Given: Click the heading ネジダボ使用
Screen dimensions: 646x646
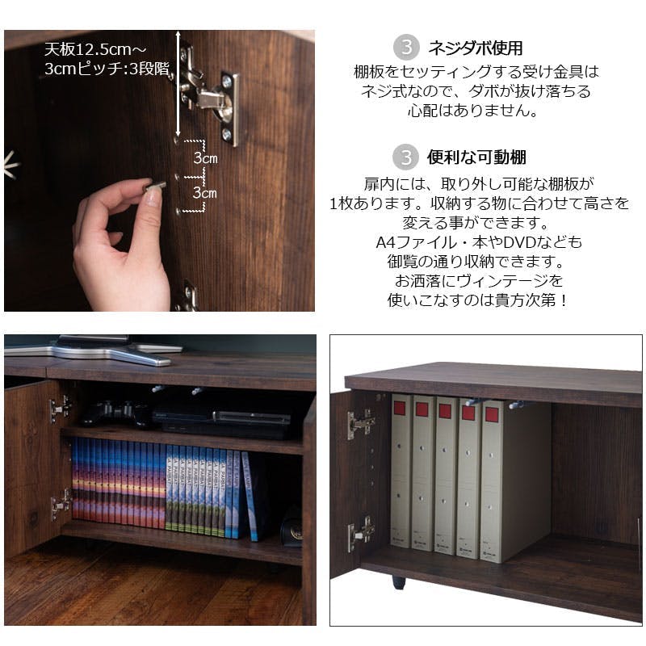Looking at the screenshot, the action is (476, 48).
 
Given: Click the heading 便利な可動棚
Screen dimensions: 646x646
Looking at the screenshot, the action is (476, 157).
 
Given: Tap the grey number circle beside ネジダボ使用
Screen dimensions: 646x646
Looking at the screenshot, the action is (406, 48).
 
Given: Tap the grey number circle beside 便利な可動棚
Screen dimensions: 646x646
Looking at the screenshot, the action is (406, 157).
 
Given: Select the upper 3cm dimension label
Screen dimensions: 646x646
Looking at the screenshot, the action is (205, 157).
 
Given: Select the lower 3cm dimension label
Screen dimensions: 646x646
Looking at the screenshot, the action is (205, 192).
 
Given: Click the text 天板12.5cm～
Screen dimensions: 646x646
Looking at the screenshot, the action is (95, 50).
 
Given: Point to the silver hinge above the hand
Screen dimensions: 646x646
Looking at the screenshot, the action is (209, 94).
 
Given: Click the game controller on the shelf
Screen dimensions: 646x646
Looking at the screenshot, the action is (113, 413).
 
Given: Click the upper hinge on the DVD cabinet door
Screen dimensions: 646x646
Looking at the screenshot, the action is (61, 409).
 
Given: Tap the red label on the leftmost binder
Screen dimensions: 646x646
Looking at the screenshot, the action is (400, 409).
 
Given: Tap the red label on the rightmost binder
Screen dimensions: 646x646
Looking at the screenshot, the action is (491, 414).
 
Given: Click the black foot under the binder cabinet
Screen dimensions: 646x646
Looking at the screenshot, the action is (398, 582).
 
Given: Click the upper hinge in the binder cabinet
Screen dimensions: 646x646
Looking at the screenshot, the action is (361, 424).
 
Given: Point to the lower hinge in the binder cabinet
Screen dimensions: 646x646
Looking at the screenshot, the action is (361, 534).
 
